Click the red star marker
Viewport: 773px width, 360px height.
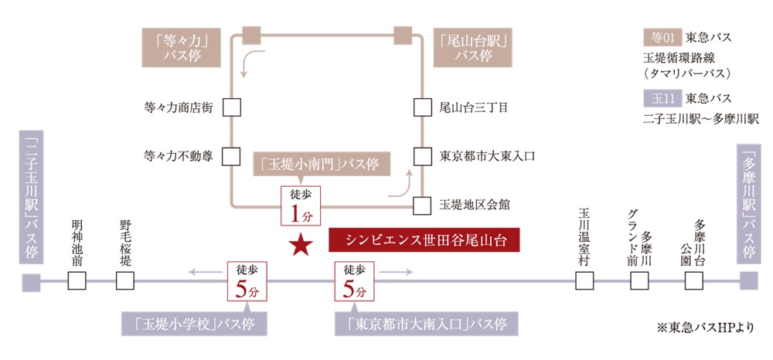(301, 245)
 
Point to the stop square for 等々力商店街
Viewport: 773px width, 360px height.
(231, 107)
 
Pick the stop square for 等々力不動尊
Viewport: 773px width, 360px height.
(231, 156)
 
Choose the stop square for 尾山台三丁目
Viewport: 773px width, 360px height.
(421, 107)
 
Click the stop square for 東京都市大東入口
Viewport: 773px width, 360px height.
(421, 156)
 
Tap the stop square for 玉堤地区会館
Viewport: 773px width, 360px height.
(421, 205)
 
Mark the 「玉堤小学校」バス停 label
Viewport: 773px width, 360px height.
(195, 323)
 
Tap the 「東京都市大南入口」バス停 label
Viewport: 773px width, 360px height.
(426, 323)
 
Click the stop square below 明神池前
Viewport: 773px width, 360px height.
(77, 281)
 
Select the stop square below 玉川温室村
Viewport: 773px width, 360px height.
(584, 281)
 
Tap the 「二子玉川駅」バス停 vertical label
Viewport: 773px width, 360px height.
(32, 196)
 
